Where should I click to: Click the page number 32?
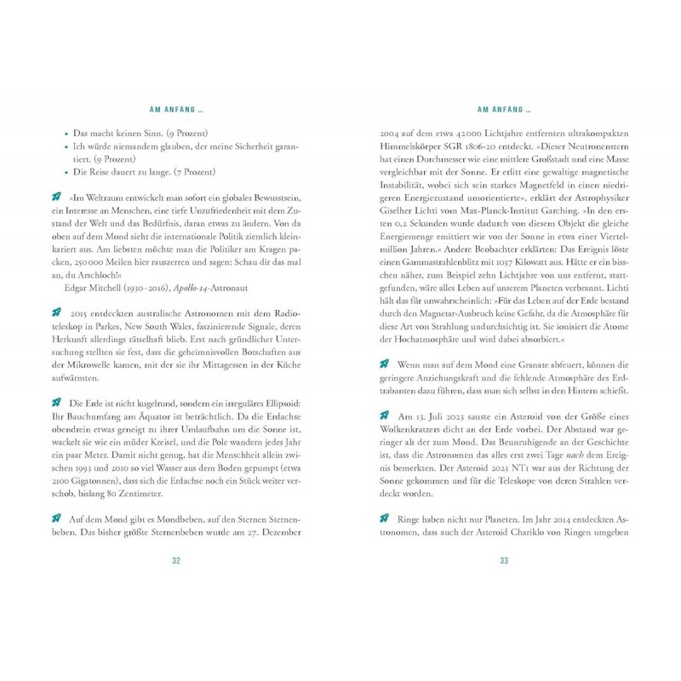click(x=176, y=560)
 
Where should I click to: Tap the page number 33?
click(x=504, y=560)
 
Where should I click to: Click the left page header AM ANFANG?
click(x=176, y=110)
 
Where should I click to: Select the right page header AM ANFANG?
click(x=504, y=110)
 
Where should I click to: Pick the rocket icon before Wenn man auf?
click(x=384, y=364)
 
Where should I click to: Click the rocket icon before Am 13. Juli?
click(x=384, y=416)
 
